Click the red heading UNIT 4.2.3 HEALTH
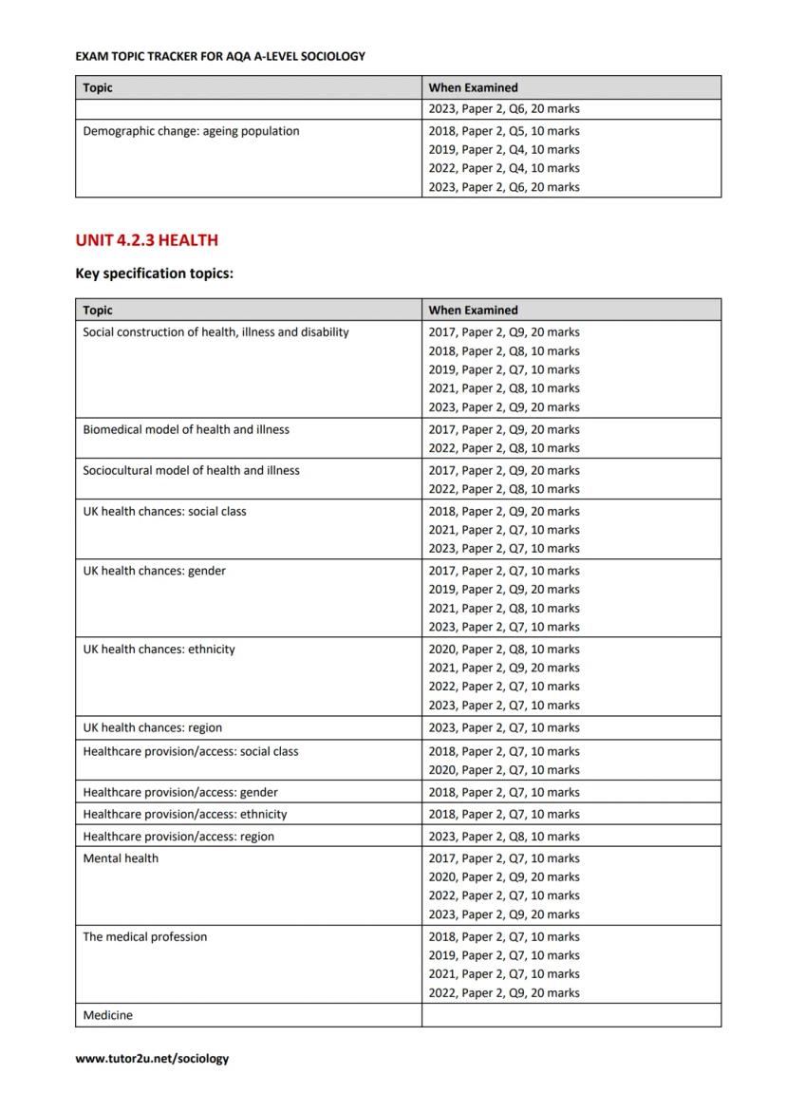(x=146, y=240)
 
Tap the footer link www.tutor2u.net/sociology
(x=152, y=1058)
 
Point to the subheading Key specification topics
(x=154, y=273)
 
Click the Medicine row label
(x=107, y=1015)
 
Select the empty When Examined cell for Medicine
(x=571, y=1015)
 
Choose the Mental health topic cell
(x=121, y=858)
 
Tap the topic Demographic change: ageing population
(x=191, y=131)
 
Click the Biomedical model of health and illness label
(x=186, y=429)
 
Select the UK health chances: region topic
(x=152, y=727)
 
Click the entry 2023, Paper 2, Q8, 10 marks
(x=503, y=837)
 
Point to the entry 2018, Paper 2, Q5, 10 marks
(x=503, y=131)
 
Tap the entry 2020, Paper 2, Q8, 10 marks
(x=503, y=650)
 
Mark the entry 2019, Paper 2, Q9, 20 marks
(x=503, y=590)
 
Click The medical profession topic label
(x=144, y=936)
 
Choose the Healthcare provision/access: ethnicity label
(x=184, y=814)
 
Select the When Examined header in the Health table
(x=473, y=310)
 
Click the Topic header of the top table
(x=97, y=87)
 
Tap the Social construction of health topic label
(x=215, y=332)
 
